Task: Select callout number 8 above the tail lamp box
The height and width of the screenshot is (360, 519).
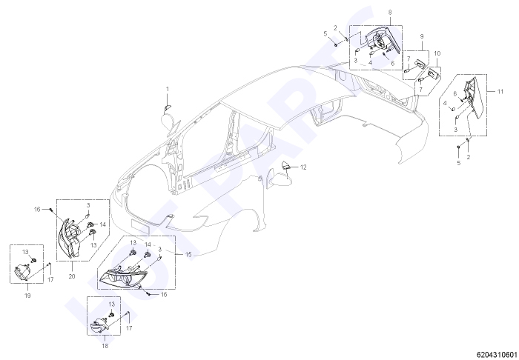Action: click(x=390, y=13)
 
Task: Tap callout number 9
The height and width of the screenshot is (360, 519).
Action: click(x=422, y=36)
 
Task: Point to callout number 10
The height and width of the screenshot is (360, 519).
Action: click(x=437, y=53)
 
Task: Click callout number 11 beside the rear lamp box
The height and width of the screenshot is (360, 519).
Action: click(x=500, y=91)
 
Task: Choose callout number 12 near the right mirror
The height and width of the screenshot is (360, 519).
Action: click(x=303, y=167)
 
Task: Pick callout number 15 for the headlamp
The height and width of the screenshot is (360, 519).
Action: click(x=188, y=255)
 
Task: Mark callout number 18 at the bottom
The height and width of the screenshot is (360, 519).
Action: click(x=105, y=346)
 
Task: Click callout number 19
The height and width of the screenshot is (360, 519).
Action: click(x=27, y=296)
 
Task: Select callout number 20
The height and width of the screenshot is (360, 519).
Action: click(x=72, y=276)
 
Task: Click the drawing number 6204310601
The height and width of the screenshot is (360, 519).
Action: click(x=497, y=355)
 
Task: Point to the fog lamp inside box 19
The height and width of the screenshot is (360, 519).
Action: click(x=22, y=273)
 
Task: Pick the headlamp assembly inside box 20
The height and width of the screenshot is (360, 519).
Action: click(x=70, y=237)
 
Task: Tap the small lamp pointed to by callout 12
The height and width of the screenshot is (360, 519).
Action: click(x=285, y=165)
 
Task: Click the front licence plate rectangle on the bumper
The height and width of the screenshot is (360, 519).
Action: click(x=142, y=225)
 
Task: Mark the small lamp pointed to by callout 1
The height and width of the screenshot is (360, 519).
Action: click(x=168, y=107)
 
